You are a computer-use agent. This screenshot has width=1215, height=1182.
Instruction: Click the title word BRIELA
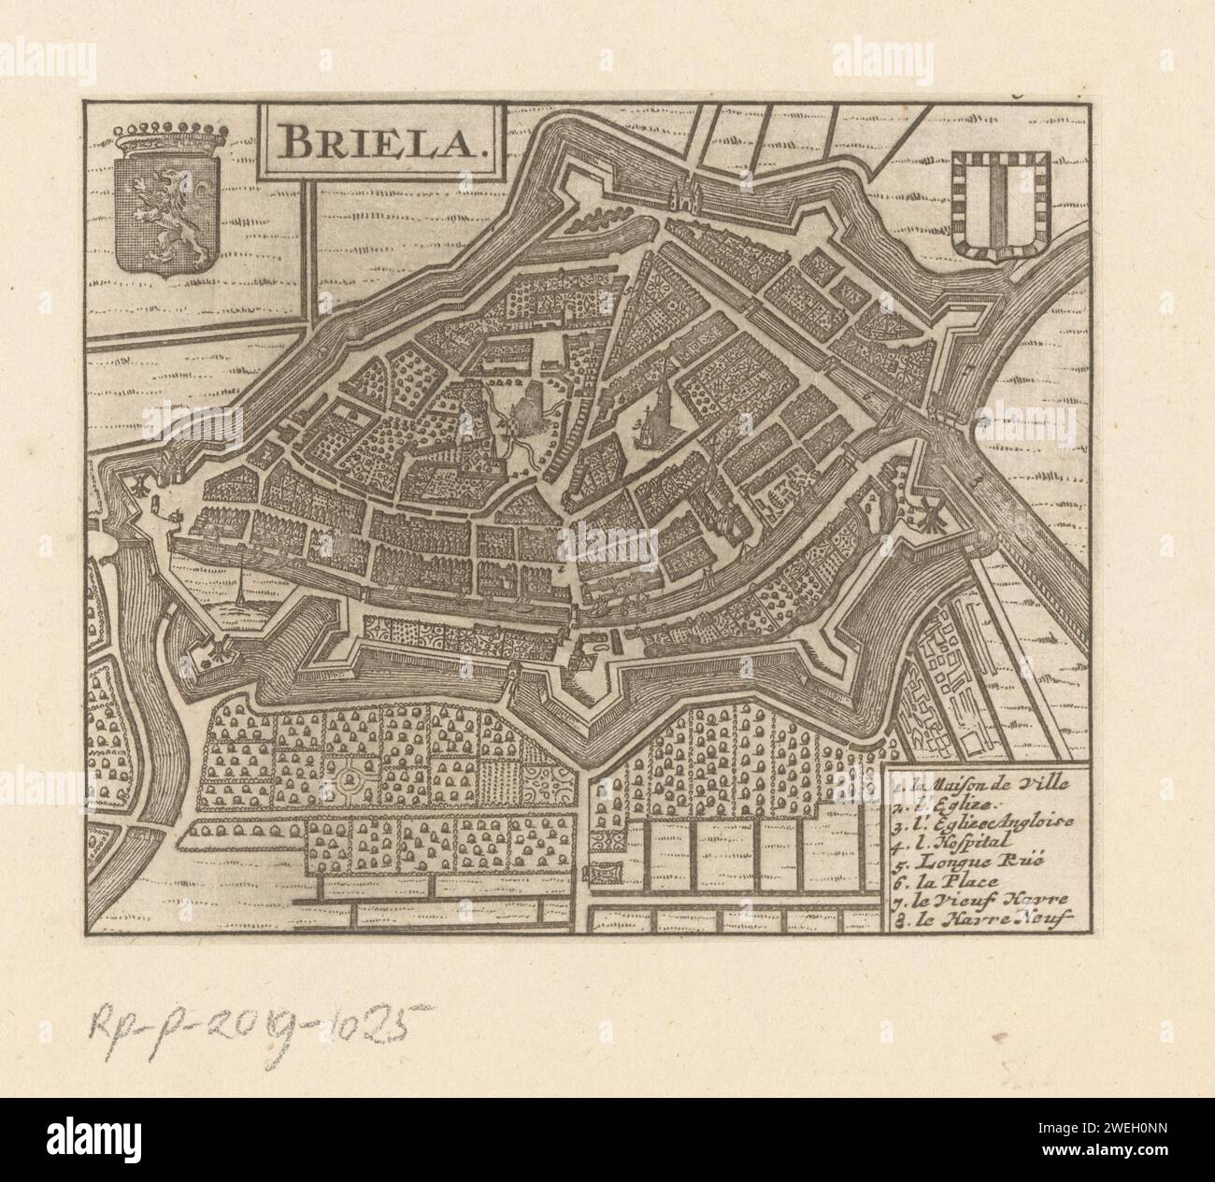pyautogui.click(x=384, y=141)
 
